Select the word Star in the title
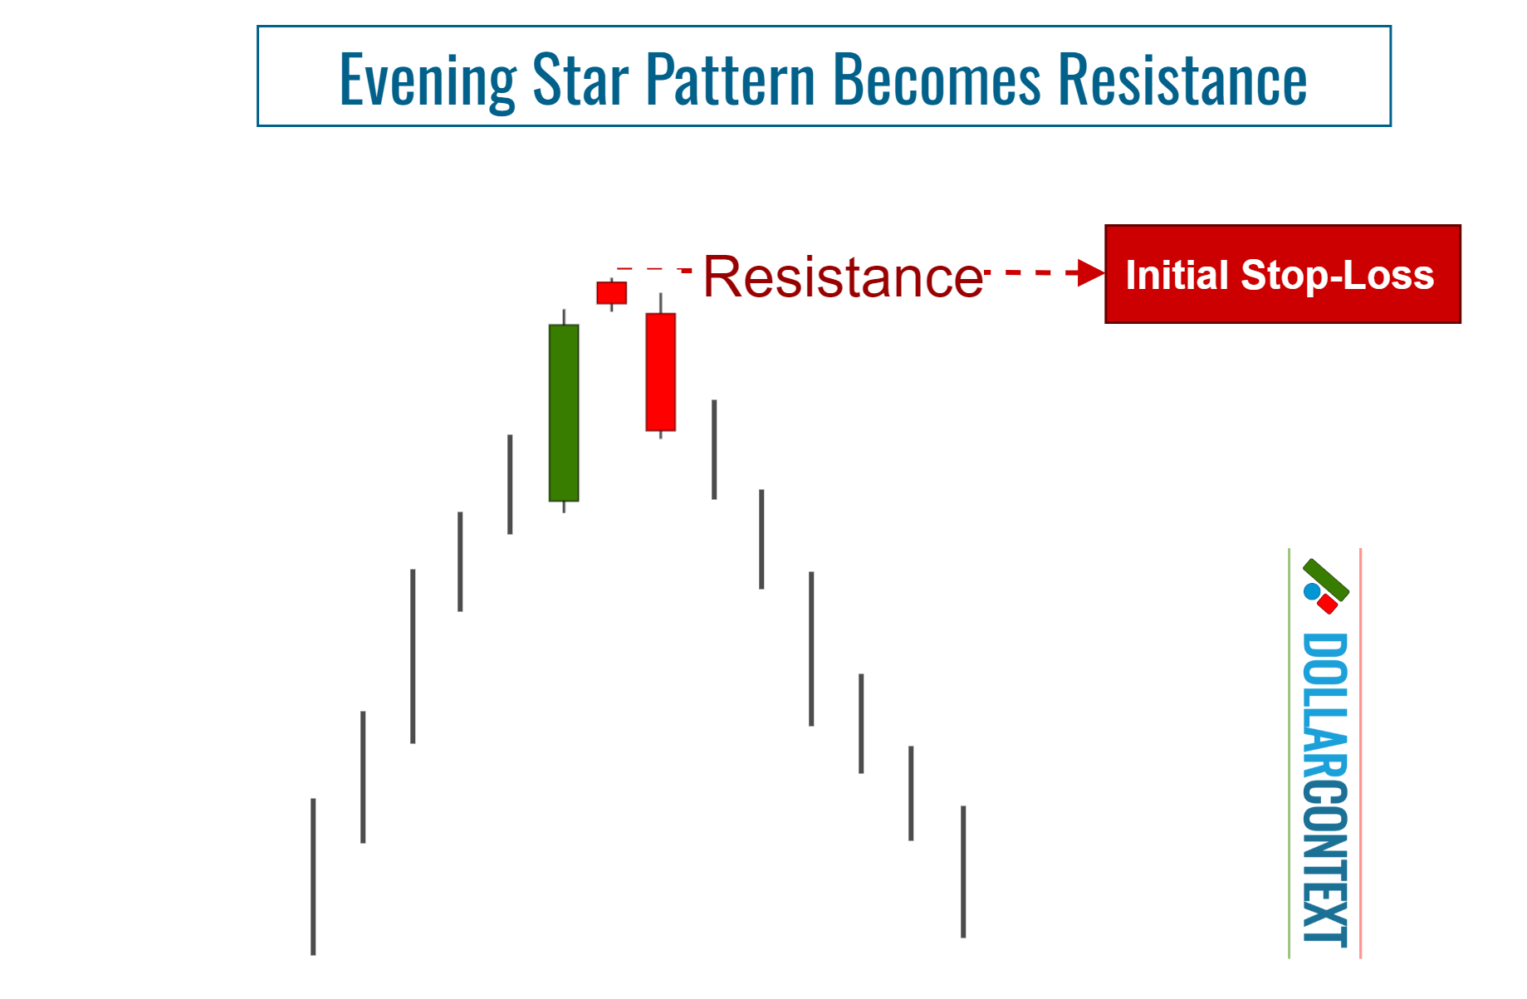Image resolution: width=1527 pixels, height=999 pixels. (580, 81)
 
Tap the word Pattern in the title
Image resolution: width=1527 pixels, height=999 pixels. (730, 81)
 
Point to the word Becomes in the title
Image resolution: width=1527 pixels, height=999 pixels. (936, 81)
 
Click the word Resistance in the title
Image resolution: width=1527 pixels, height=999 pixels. (1182, 81)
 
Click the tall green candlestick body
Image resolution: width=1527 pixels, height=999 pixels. (564, 413)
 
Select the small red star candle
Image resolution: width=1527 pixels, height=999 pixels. (612, 293)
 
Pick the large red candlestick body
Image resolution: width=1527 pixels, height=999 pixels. (661, 372)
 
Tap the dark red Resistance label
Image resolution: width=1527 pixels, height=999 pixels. (842, 277)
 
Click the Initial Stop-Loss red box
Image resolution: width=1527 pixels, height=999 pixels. (1282, 274)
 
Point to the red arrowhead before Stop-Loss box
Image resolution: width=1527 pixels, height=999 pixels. (1089, 272)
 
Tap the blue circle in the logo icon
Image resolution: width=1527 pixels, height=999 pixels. (1312, 592)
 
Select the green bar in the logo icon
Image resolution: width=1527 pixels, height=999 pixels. (1326, 579)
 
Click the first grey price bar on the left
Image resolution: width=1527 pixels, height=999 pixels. (313, 876)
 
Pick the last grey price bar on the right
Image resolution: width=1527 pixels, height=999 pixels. (963, 871)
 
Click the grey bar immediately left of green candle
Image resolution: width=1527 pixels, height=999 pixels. (510, 484)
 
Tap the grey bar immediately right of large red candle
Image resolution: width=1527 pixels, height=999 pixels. (714, 449)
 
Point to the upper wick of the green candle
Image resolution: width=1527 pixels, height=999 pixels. (564, 317)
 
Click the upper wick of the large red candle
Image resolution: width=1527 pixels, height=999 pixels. (661, 303)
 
